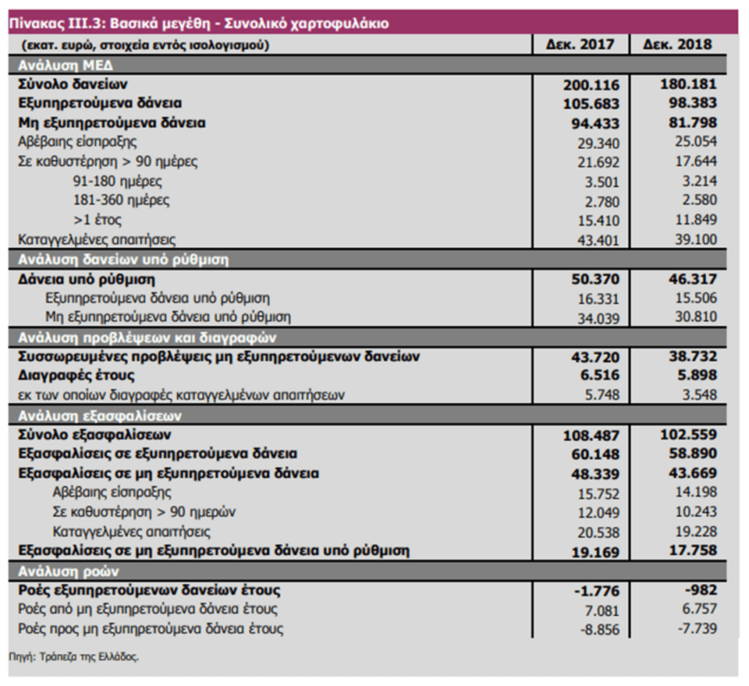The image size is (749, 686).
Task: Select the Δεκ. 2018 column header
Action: coord(677,44)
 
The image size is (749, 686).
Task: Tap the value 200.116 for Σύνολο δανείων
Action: coord(591,83)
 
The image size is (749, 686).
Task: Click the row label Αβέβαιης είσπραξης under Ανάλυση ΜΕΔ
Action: coord(77,142)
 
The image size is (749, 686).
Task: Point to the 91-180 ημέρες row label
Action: coord(117,181)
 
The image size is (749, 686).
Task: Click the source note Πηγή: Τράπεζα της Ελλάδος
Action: coord(74,657)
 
